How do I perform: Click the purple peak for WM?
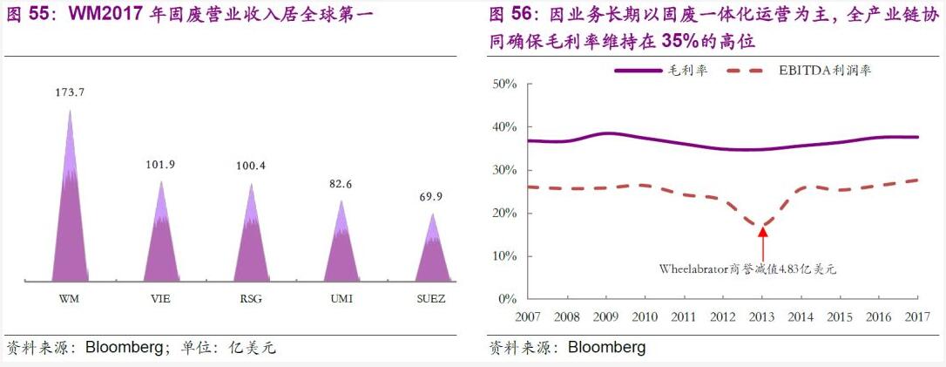click(70, 218)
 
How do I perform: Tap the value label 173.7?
click(70, 92)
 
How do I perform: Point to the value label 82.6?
click(341, 185)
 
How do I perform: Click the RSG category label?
click(251, 298)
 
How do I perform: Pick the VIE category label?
click(160, 298)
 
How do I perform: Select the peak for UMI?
click(341, 248)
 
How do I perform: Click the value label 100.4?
click(251, 166)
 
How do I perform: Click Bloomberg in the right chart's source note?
click(606, 348)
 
